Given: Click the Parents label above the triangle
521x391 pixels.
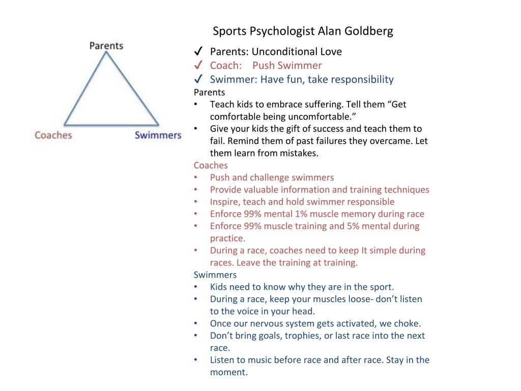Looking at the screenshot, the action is pos(106,45).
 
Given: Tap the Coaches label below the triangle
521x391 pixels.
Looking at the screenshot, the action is pos(53,135).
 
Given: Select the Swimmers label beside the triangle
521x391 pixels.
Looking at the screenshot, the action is pos(158,135).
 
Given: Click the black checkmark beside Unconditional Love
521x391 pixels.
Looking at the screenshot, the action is pos(198,51).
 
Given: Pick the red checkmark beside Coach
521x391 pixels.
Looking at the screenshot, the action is pos(198,65).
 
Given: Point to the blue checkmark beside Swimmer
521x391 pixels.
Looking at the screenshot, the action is pos(198,79).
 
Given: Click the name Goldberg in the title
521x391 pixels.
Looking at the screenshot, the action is pos(369,31).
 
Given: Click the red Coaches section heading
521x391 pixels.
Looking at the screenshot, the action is pos(211,165).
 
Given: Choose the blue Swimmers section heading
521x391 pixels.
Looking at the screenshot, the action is pos(215,274).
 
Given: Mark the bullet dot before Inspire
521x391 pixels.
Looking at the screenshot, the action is pos(196,202).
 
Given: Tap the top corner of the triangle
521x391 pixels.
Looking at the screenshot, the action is pos(106,53).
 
